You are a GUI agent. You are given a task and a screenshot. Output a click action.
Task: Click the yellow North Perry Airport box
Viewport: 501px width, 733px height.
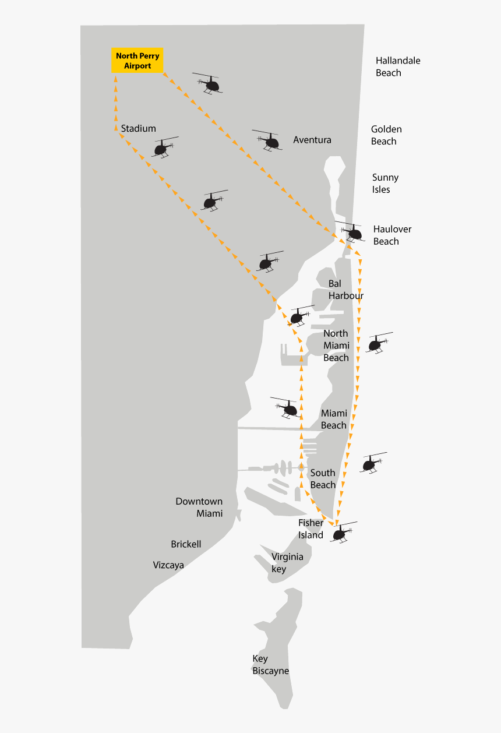click(137, 61)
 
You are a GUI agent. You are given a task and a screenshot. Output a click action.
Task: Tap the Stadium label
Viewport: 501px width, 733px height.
click(139, 128)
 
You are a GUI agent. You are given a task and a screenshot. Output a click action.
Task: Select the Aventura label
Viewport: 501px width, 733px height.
click(312, 140)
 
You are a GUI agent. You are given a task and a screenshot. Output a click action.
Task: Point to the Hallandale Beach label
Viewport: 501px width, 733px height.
click(397, 66)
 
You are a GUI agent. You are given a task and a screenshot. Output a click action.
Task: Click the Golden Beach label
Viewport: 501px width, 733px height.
click(386, 135)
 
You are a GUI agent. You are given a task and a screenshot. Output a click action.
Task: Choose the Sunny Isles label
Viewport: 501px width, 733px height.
click(385, 184)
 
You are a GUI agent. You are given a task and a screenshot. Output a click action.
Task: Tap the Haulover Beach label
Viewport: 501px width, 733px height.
click(392, 235)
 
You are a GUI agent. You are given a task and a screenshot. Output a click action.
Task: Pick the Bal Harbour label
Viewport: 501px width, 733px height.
click(345, 290)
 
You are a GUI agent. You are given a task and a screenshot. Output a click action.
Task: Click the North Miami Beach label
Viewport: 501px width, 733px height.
click(336, 346)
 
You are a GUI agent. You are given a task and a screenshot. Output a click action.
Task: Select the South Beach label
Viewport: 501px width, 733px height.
click(323, 479)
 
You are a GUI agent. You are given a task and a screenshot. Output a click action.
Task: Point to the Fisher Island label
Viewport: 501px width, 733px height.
click(311, 529)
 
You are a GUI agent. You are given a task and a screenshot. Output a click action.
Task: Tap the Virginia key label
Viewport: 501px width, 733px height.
click(287, 563)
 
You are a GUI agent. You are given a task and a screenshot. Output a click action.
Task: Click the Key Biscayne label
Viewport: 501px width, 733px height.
click(270, 665)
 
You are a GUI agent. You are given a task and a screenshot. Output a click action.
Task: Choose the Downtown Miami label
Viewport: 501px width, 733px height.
click(199, 508)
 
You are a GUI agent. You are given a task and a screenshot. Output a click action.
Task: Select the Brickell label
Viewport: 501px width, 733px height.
click(186, 544)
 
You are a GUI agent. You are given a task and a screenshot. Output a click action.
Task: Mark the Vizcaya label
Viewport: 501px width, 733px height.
click(168, 565)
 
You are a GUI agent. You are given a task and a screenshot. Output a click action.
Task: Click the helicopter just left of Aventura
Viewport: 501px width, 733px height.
click(270, 140)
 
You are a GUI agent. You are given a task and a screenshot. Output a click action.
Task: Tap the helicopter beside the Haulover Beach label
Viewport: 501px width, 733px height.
click(352, 232)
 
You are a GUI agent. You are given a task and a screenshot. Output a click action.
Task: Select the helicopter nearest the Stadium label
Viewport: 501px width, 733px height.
click(163, 147)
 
